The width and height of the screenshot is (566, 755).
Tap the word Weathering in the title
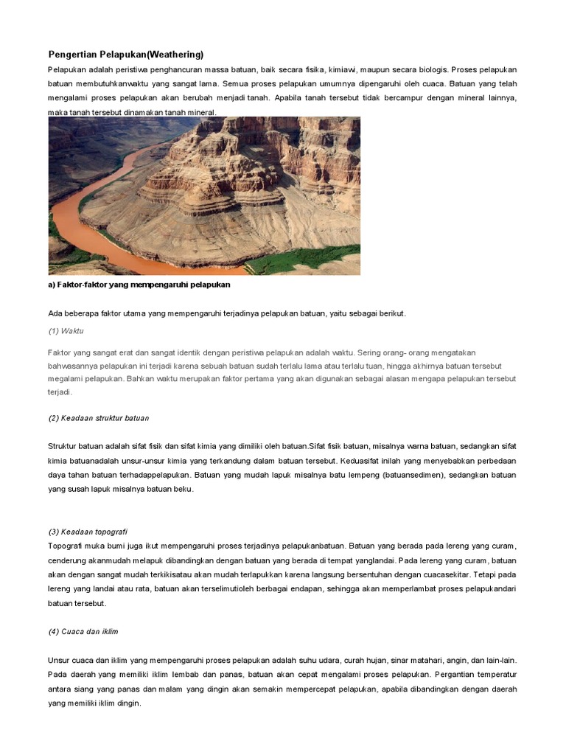pos(175,55)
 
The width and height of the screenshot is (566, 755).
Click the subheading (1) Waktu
pos(66,331)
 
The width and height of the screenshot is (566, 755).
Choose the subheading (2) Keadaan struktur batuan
pos(99,418)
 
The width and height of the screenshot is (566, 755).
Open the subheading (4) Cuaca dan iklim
pos(83,632)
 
